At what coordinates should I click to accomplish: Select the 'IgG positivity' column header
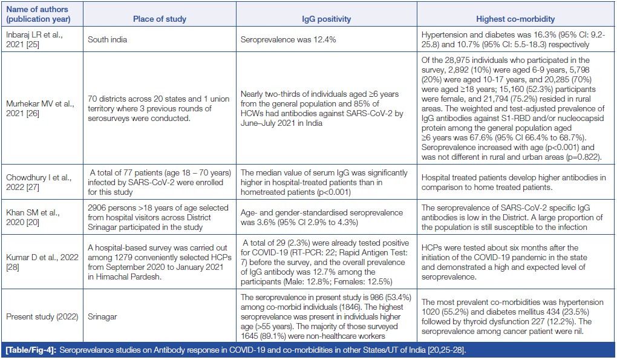326,19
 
